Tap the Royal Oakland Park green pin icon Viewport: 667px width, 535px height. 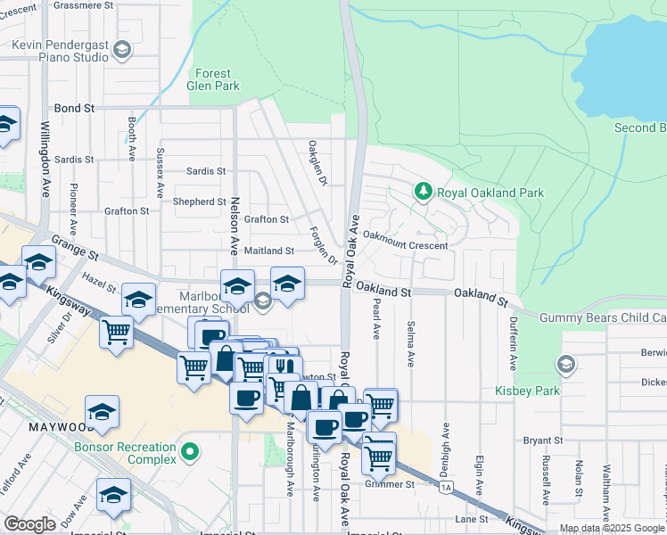pyautogui.click(x=424, y=191)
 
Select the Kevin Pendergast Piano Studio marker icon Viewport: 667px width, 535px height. pyautogui.click(x=122, y=50)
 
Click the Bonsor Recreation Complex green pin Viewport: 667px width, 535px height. pyautogui.click(x=188, y=453)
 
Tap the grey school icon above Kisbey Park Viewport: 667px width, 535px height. pyautogui.click(x=565, y=365)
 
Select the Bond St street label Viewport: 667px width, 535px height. pyautogui.click(x=74, y=108)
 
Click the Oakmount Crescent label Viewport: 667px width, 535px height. pyautogui.click(x=406, y=244)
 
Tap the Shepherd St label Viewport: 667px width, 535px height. pyautogui.click(x=200, y=202)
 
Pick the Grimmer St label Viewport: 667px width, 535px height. pyautogui.click(x=390, y=485)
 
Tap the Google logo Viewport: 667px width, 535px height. pyautogui.click(x=30, y=524)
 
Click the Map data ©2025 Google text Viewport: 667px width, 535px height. pyautogui.click(x=613, y=528)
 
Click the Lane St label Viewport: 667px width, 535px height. pyautogui.click(x=471, y=519)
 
